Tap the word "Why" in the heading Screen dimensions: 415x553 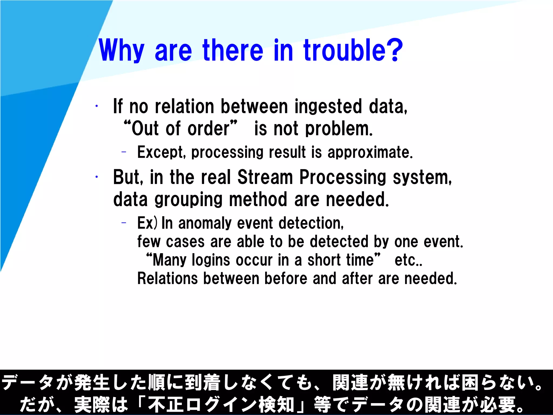click(x=122, y=51)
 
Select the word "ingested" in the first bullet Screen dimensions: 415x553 click(x=328, y=106)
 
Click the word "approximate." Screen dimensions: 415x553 click(x=370, y=152)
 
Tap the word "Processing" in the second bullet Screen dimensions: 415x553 click(x=343, y=178)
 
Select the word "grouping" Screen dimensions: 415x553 click(x=188, y=200)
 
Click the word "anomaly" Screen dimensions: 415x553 click(x=205, y=223)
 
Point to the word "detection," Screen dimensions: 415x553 click(x=311, y=223)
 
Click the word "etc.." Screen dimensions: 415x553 click(x=409, y=260)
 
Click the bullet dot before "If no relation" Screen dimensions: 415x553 click(x=96, y=106)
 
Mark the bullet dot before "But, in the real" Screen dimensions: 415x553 click(x=96, y=177)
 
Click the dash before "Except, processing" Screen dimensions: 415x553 click(x=124, y=152)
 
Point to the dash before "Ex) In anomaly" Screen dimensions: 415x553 click(x=124, y=223)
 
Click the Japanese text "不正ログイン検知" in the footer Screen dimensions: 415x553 click(x=221, y=404)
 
